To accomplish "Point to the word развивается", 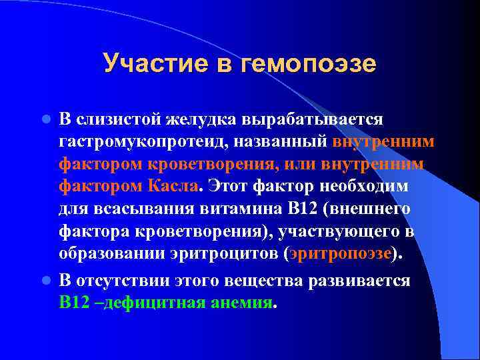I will point(359,281).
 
